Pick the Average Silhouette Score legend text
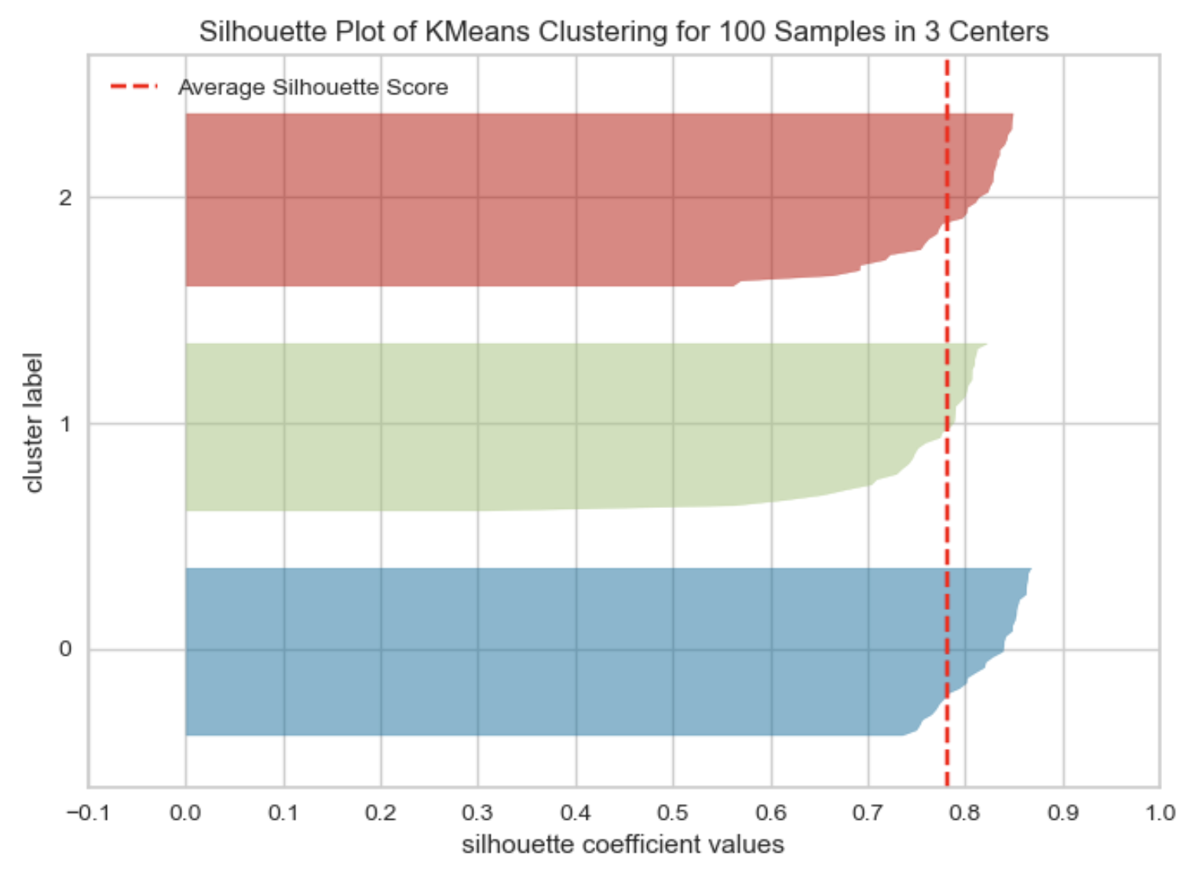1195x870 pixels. [x=312, y=87]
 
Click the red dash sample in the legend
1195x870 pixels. [x=133, y=86]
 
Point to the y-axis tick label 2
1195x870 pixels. [x=65, y=197]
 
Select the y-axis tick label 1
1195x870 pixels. [x=65, y=424]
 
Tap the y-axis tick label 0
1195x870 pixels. [x=65, y=649]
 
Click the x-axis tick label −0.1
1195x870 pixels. [x=87, y=813]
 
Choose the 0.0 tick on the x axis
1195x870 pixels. [x=185, y=813]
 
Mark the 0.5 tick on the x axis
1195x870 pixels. [x=673, y=813]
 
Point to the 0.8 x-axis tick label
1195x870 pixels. [x=965, y=813]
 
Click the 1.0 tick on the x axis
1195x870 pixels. [x=1160, y=813]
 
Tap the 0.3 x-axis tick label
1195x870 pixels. [x=477, y=813]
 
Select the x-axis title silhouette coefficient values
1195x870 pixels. [x=623, y=845]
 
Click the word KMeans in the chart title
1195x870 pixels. [x=478, y=31]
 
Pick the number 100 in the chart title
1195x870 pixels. [x=742, y=31]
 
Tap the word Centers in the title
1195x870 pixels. [x=998, y=31]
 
